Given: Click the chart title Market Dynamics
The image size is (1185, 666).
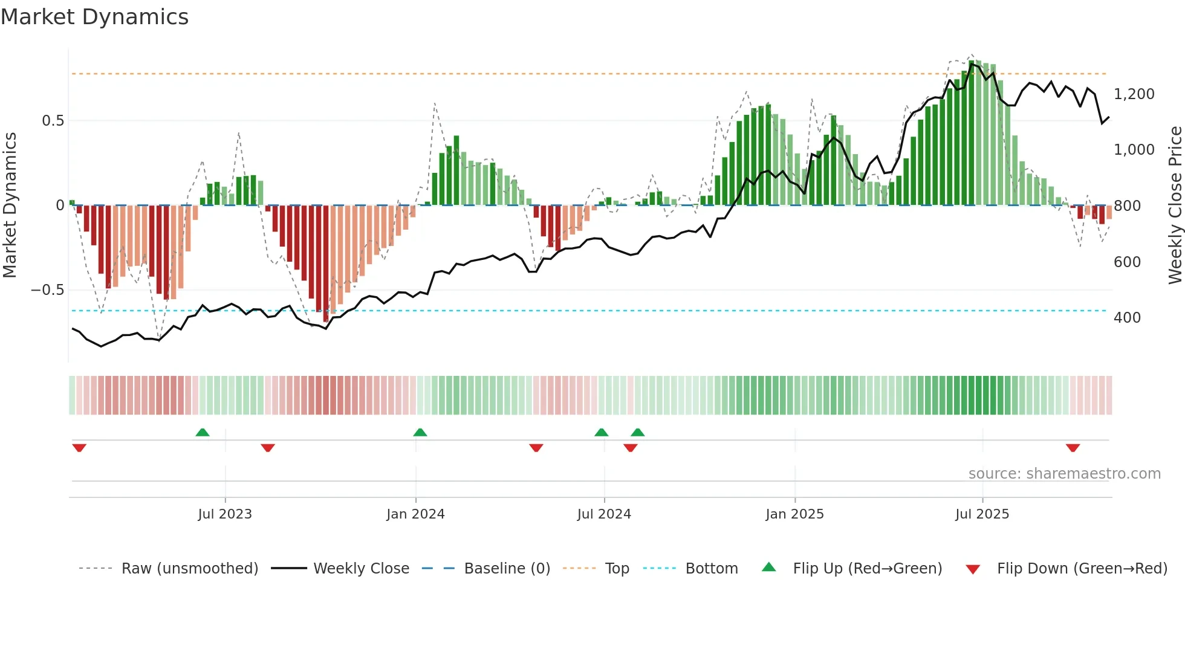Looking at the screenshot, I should [x=94, y=17].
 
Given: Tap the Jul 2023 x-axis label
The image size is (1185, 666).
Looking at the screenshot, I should [x=224, y=514].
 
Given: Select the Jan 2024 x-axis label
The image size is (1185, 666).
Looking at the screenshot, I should [x=415, y=514].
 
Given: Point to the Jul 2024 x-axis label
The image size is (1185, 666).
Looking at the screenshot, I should [x=604, y=514].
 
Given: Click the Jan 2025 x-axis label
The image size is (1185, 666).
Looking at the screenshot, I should [x=794, y=514].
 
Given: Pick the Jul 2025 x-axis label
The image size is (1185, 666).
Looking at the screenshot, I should [x=982, y=514].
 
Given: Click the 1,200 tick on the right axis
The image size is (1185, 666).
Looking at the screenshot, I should [x=1134, y=94].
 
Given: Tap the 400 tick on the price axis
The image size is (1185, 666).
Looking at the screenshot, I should [x=1127, y=318].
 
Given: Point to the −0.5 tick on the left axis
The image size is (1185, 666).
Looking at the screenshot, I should [x=47, y=290].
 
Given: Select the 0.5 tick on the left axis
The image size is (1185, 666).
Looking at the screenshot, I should [x=53, y=121].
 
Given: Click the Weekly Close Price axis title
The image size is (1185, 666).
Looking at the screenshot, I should [x=1175, y=205].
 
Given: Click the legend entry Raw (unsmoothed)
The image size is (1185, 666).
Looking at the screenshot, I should [x=189, y=569].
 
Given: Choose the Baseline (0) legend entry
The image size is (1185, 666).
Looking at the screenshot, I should [x=507, y=569].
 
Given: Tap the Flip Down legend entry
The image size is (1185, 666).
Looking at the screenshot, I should [x=1082, y=569].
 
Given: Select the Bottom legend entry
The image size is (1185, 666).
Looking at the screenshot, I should [x=711, y=569].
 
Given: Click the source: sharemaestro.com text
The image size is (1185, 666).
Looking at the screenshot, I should [x=1064, y=474].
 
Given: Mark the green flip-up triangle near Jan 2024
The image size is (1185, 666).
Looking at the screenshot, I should [x=420, y=432].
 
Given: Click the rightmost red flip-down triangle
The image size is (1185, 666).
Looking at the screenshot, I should [x=1073, y=448].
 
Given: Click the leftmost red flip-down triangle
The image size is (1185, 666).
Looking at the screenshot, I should [x=79, y=448].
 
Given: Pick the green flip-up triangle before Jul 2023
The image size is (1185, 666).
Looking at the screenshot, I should [x=203, y=432].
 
